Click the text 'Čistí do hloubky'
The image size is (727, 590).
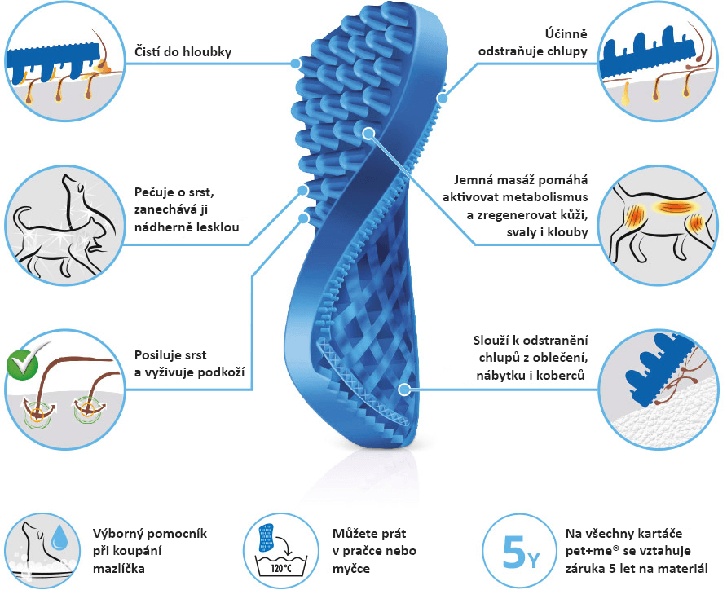183,51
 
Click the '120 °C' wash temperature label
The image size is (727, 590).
281,568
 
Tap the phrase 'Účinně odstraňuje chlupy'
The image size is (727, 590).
533,42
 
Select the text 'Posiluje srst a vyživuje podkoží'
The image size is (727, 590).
189,363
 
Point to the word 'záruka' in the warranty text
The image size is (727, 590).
585,568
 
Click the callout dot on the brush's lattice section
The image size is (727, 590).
404,390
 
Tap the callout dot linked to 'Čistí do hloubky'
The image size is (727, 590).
296,64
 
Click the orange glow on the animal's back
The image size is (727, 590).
669,206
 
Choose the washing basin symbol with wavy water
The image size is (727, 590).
282,564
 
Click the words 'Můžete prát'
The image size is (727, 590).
369,534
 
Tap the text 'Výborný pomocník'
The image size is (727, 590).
150,534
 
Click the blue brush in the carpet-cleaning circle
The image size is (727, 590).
657,363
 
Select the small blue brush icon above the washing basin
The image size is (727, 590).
267,538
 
